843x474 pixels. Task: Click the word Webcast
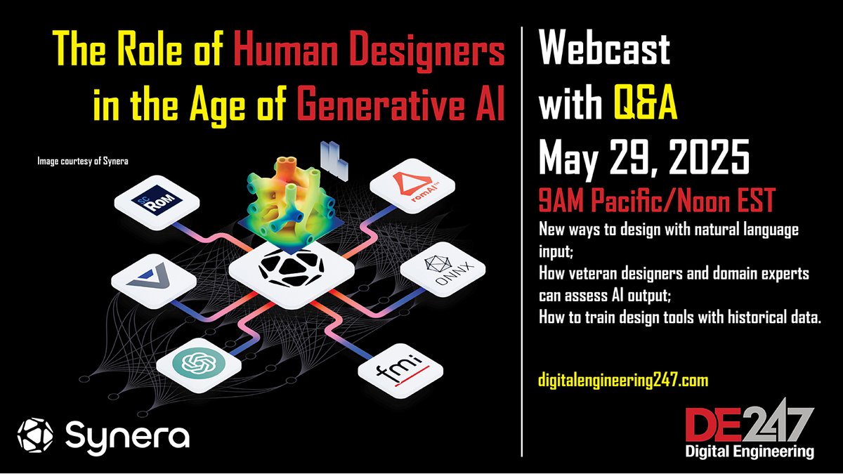point(603,51)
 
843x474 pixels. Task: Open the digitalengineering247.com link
point(623,381)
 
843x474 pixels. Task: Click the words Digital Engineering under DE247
point(750,450)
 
